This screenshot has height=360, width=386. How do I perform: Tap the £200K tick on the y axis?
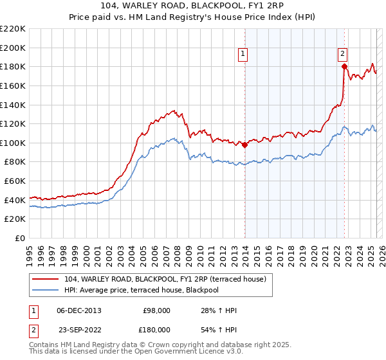point(14,48)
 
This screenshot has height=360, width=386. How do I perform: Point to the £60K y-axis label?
point(15,181)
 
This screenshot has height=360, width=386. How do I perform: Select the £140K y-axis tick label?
point(14,105)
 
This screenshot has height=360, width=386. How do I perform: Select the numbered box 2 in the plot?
point(343,55)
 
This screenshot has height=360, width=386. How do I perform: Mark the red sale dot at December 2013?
point(244,145)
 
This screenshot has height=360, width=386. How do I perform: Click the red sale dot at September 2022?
point(344,66)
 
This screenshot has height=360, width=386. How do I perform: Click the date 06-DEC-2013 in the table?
point(79,310)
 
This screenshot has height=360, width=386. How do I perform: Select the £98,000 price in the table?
point(156,310)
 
